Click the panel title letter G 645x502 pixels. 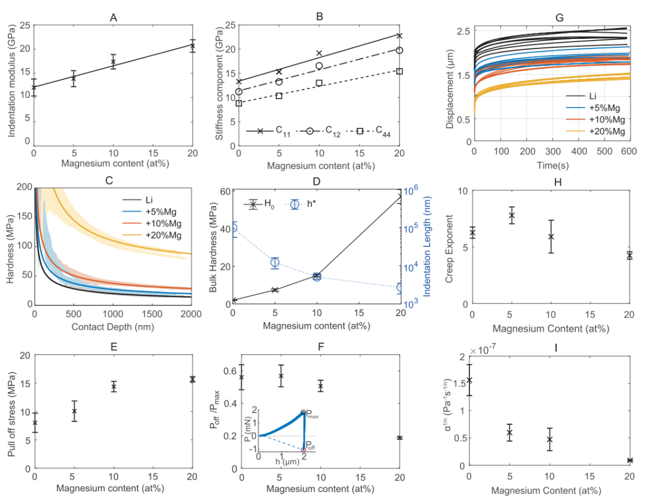(x=559, y=17)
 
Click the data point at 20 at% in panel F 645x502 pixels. (x=400, y=438)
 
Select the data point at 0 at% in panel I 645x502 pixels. (x=470, y=380)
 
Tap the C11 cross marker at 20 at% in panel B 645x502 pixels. (x=400, y=36)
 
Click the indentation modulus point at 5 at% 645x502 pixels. (x=73, y=78)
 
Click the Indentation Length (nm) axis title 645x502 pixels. (x=428, y=248)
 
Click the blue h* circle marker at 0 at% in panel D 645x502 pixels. (x=233, y=228)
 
